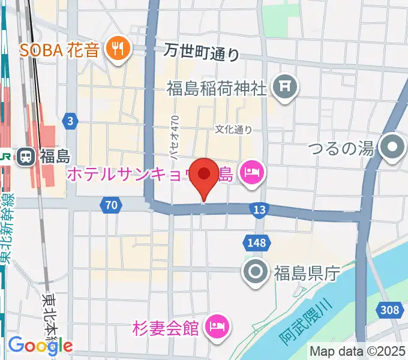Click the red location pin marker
pos(204,175)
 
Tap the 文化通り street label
pos(234,129)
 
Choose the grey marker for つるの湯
pos(393,146)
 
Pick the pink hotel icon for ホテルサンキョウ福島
pos(250,174)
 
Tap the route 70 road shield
pos(109,205)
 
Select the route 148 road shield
pos(253,242)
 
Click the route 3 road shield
pos(71,122)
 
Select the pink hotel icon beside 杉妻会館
pos(215,327)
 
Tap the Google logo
pos(40,345)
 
